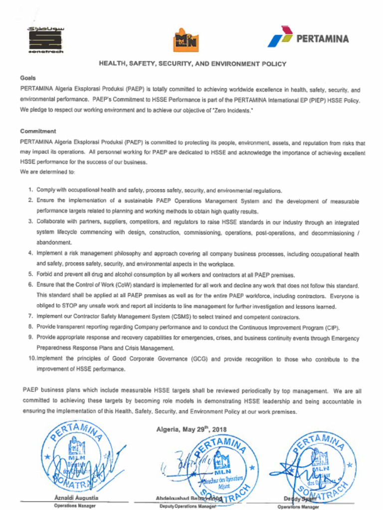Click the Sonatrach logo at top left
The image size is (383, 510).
tap(45, 40)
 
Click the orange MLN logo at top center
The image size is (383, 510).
tap(185, 40)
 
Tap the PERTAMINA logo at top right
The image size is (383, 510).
tap(308, 37)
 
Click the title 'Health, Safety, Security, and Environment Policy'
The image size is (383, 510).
tap(192, 64)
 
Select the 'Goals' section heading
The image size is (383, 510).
tap(28, 78)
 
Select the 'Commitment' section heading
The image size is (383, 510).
tap(38, 131)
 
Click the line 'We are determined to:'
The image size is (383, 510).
tap(47, 172)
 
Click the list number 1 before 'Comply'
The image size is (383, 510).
tap(30, 190)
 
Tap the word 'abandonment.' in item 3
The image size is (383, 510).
tap(54, 242)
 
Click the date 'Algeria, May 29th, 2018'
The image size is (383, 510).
tap(191, 429)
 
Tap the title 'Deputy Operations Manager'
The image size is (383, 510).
tap(188, 506)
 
